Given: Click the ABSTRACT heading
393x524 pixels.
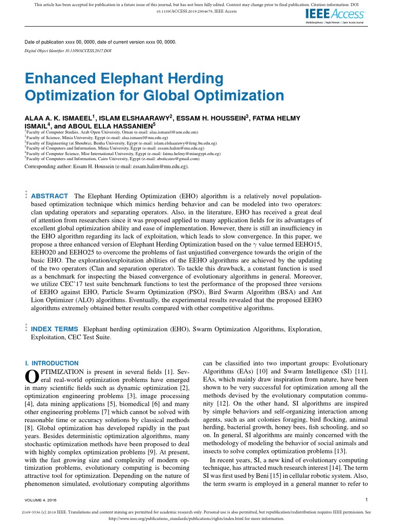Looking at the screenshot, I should tap(50, 196).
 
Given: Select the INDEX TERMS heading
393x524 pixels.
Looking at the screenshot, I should tap(55, 329).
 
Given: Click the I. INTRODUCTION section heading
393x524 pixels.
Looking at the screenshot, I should tap(52, 363).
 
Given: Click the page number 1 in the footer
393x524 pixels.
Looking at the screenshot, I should tap(367, 499).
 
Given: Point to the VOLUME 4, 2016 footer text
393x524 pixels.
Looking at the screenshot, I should tap(43, 499).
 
